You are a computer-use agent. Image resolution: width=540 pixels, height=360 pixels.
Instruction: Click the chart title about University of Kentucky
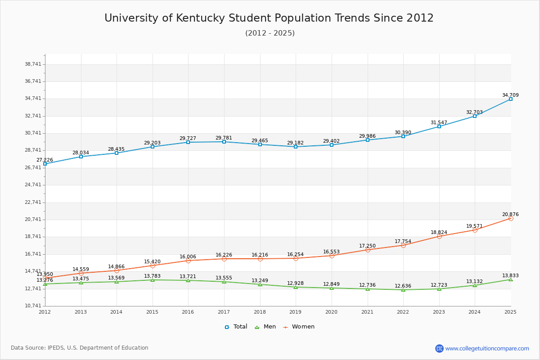(269, 18)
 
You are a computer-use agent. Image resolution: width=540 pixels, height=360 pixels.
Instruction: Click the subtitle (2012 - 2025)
(270, 33)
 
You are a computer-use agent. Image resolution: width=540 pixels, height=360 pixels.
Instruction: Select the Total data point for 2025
(511, 99)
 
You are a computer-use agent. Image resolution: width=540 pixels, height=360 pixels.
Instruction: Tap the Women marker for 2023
(439, 236)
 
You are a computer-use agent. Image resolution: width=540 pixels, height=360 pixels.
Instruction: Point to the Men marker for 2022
(403, 290)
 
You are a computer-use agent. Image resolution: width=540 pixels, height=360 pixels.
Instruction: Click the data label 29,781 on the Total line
(224, 138)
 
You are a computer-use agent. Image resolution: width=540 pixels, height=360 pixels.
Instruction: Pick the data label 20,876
(510, 215)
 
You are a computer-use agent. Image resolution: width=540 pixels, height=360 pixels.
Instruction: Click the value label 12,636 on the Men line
(403, 286)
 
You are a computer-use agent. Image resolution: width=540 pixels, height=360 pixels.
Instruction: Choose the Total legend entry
(236, 327)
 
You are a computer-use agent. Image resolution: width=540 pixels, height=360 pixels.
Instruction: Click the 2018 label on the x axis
(260, 312)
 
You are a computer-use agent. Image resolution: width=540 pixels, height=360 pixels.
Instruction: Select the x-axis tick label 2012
(45, 312)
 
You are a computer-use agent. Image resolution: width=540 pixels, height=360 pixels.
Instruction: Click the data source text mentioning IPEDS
(80, 348)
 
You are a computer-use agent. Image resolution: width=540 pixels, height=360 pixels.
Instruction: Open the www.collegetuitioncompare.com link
(487, 348)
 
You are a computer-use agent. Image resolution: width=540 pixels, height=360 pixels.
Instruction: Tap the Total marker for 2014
(117, 153)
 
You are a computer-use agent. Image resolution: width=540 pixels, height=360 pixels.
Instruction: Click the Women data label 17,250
(367, 246)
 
